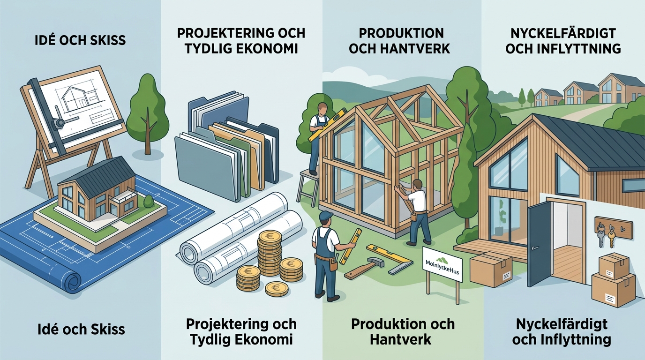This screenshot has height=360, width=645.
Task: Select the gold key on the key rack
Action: pyautogui.click(x=611, y=237)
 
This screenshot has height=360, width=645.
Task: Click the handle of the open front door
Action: pyautogui.click(x=535, y=247)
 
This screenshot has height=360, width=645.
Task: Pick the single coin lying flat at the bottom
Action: pyautogui.click(x=277, y=289)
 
